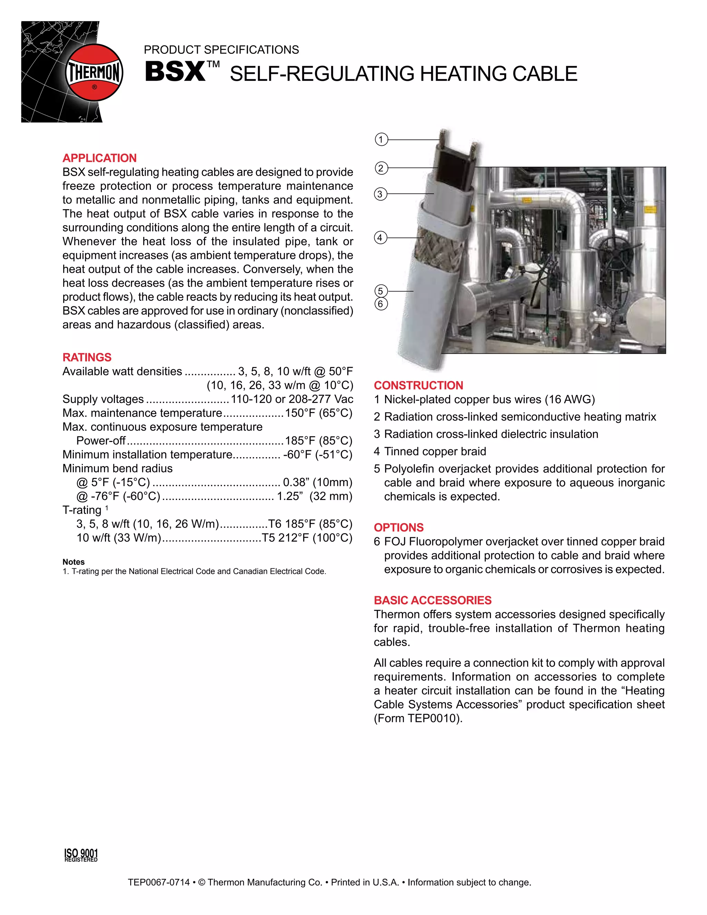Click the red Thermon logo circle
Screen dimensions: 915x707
pos(94,73)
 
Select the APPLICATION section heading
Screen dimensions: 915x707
pos(100,158)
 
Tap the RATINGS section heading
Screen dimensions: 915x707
pos(87,357)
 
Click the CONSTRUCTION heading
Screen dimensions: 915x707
pos(418,385)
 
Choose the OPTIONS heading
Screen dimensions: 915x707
pos(399,528)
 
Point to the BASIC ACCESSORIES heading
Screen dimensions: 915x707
pos(433,600)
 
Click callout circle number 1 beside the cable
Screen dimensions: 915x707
pos(381,139)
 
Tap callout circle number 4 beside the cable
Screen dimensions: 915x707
pos(380,238)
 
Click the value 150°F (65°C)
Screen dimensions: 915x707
pos(319,413)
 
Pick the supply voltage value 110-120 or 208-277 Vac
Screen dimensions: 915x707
pos(292,399)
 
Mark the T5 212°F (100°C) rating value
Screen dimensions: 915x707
pos(307,538)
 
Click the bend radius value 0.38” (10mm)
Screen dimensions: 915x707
pos(318,482)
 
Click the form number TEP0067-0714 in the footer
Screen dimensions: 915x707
pos(159,882)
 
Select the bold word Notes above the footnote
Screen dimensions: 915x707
pos(74,562)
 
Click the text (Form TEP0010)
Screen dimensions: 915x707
pos(418,719)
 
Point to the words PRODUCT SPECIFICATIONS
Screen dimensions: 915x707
pos(221,50)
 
